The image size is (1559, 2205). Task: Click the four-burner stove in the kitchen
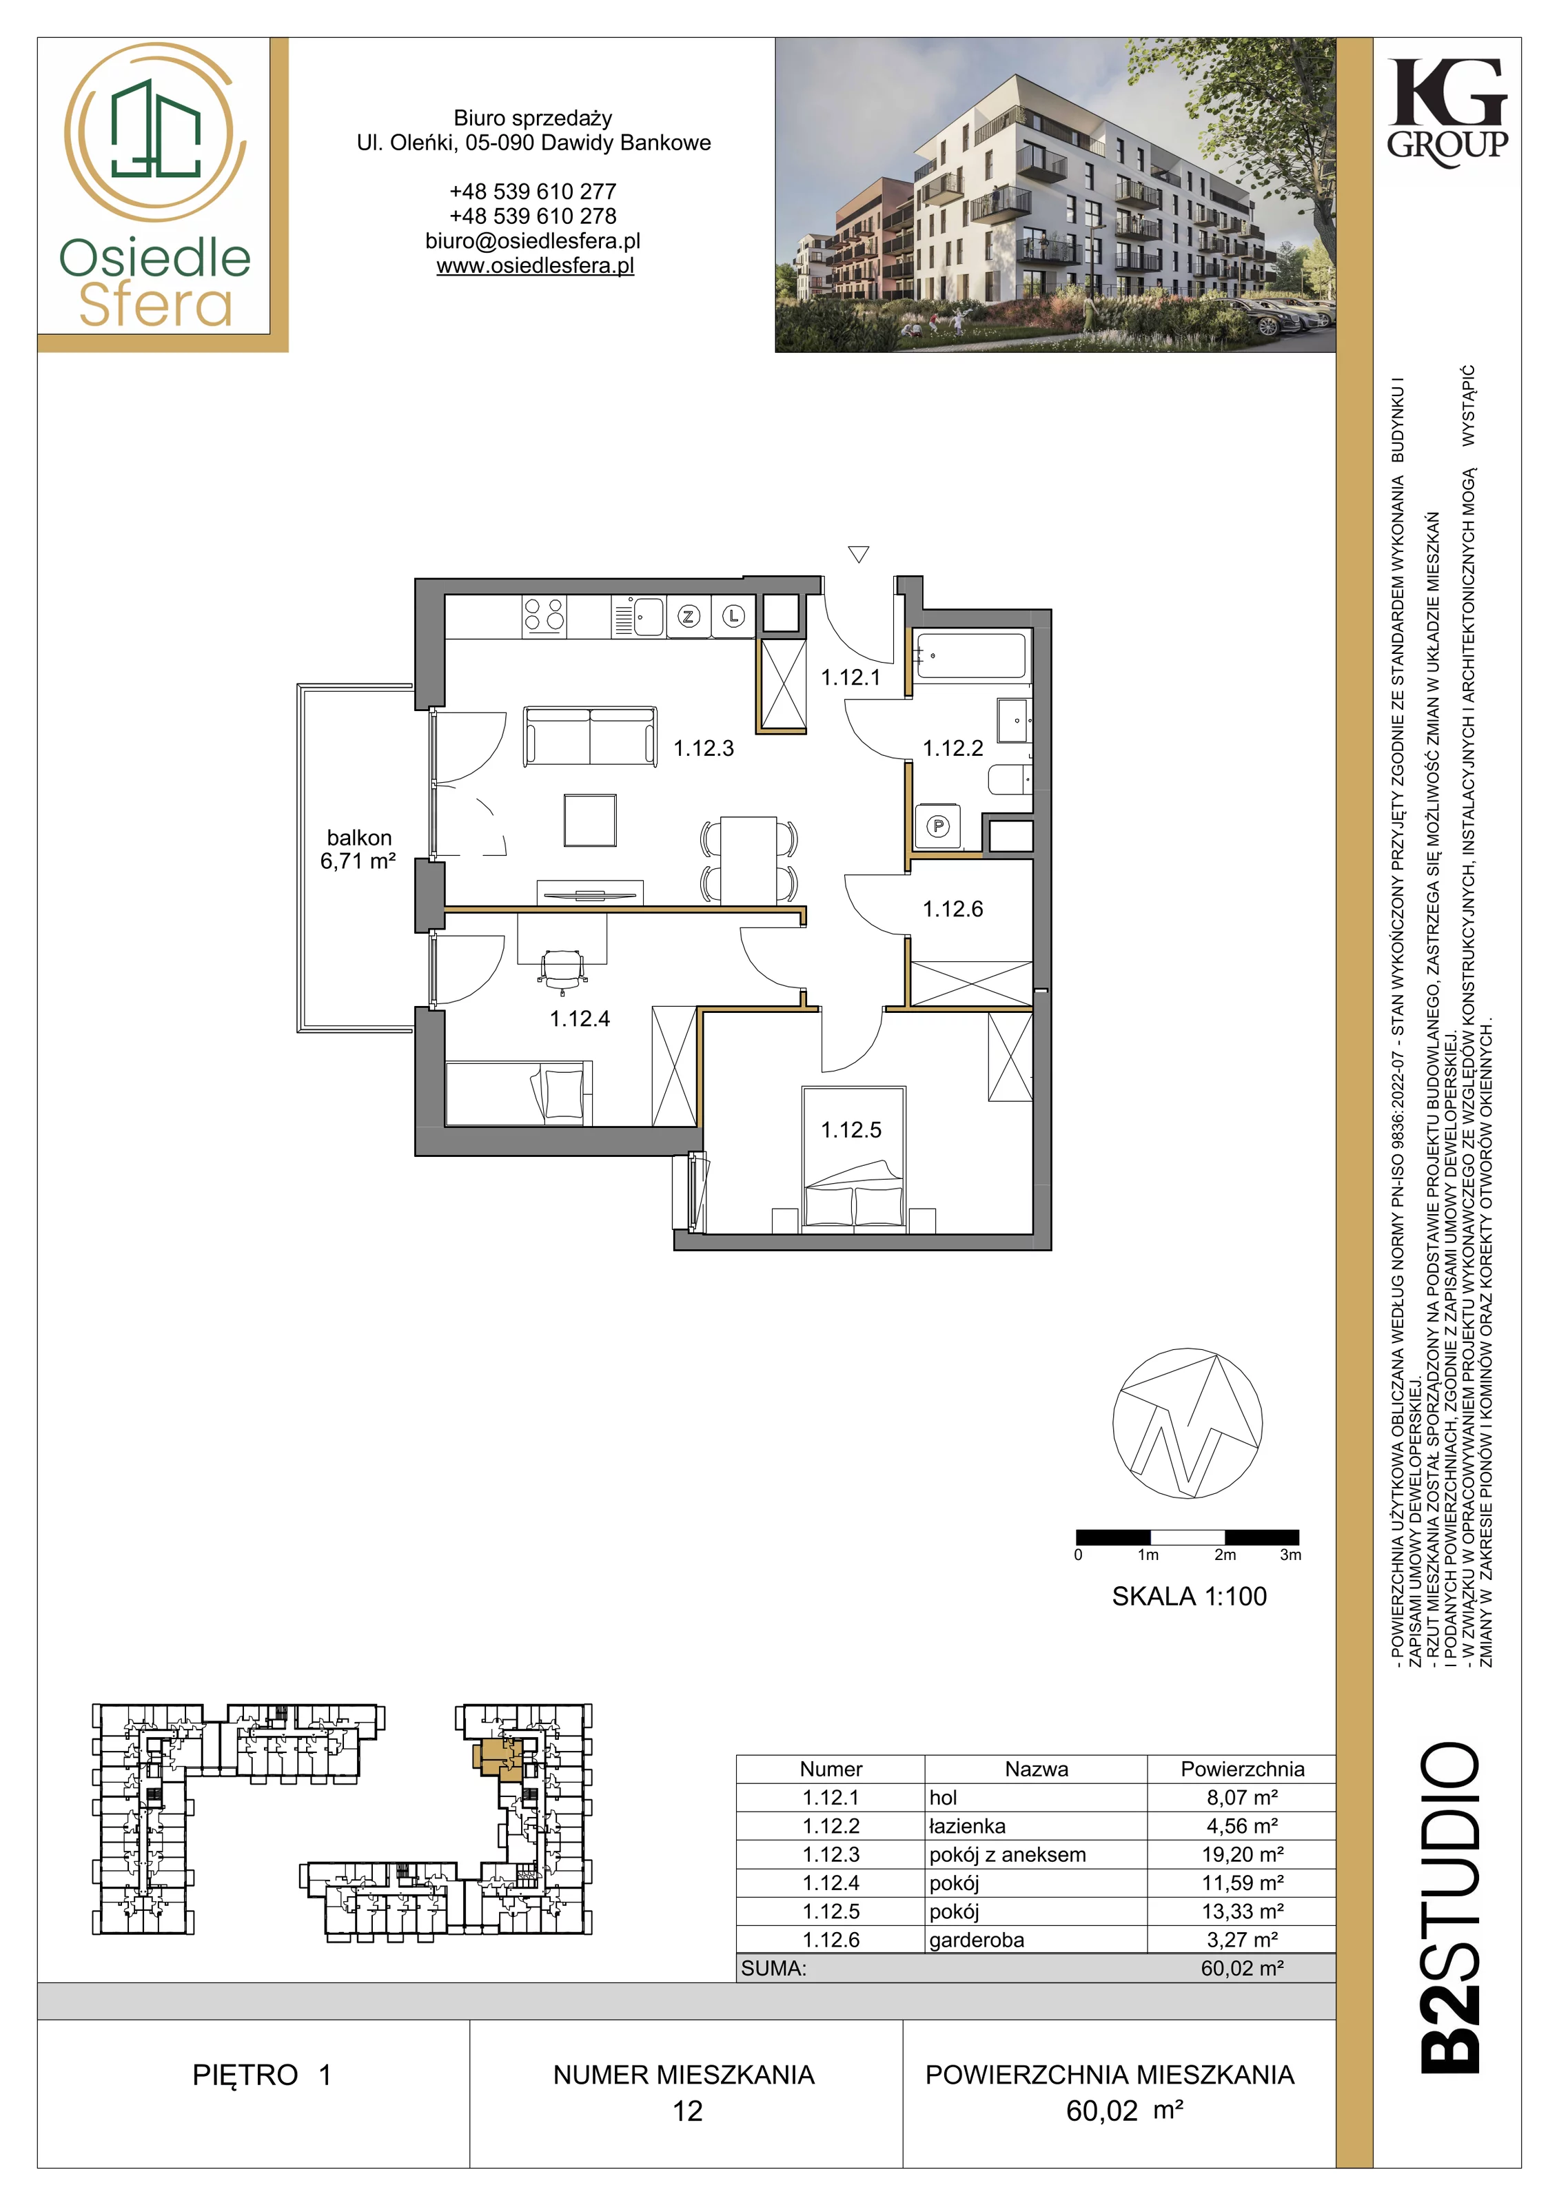[x=544, y=615]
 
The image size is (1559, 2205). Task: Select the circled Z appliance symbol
[x=688, y=617]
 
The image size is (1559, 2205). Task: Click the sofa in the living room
[x=590, y=737]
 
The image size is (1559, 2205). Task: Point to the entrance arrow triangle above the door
[x=859, y=554]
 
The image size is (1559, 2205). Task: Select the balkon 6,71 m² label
[x=358, y=850]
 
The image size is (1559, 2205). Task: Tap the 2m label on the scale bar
[x=1225, y=1555]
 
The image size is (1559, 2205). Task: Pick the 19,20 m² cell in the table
[x=1242, y=1854]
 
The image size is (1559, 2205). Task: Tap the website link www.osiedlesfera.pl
[x=535, y=266]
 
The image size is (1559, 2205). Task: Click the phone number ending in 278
[x=533, y=216]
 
